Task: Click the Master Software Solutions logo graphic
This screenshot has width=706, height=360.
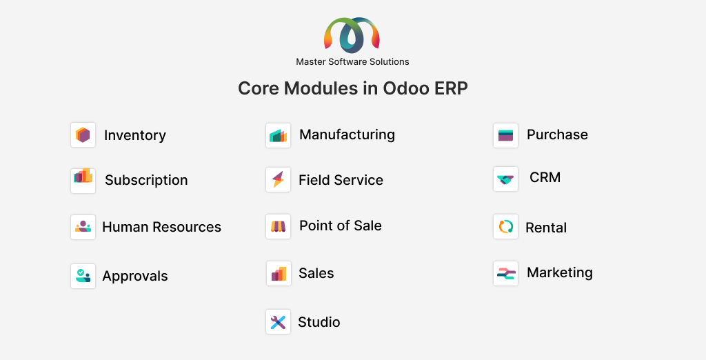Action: pyautogui.click(x=352, y=35)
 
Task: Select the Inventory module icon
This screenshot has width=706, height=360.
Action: pyautogui.click(x=83, y=134)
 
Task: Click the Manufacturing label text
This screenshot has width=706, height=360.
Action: pyautogui.click(x=347, y=134)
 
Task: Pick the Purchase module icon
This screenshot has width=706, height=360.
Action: pyautogui.click(x=505, y=135)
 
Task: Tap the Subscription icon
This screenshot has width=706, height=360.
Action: pyautogui.click(x=83, y=181)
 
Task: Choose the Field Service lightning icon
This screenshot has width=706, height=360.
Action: pyautogui.click(x=279, y=179)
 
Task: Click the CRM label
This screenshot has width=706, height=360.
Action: pyautogui.click(x=545, y=177)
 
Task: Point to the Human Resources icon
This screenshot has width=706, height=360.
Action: pyautogui.click(x=83, y=227)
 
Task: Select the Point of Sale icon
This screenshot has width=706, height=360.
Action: pyautogui.click(x=279, y=226)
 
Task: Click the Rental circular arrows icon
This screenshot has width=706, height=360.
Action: pyautogui.click(x=505, y=227)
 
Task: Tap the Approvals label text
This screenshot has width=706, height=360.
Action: pyautogui.click(x=135, y=276)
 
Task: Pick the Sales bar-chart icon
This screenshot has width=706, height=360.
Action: pyautogui.click(x=279, y=274)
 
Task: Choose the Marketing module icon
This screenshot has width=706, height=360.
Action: pyautogui.click(x=505, y=274)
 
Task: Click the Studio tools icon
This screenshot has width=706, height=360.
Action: pyautogui.click(x=279, y=321)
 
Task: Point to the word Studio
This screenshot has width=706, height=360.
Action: pyautogui.click(x=319, y=322)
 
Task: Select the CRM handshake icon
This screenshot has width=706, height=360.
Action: pyautogui.click(x=505, y=179)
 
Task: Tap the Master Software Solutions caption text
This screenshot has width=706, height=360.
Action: pyautogui.click(x=352, y=62)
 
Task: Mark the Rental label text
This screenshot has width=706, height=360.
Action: pyautogui.click(x=546, y=228)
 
